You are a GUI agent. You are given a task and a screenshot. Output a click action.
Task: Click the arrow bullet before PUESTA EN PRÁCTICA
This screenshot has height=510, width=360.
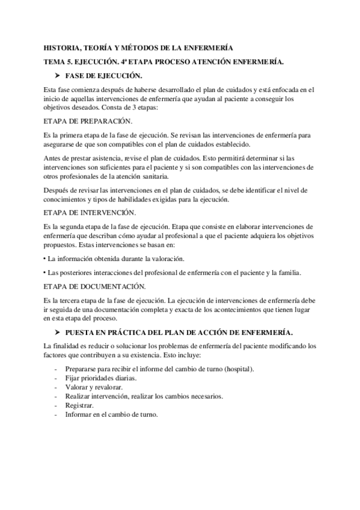click(x=57, y=332)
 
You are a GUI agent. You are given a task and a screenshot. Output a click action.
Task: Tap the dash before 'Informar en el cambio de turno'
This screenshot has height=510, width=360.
click(x=56, y=415)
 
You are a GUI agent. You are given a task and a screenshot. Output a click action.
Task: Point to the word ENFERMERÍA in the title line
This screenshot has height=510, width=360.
click(x=207, y=48)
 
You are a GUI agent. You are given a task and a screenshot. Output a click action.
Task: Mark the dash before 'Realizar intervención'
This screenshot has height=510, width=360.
click(x=56, y=396)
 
